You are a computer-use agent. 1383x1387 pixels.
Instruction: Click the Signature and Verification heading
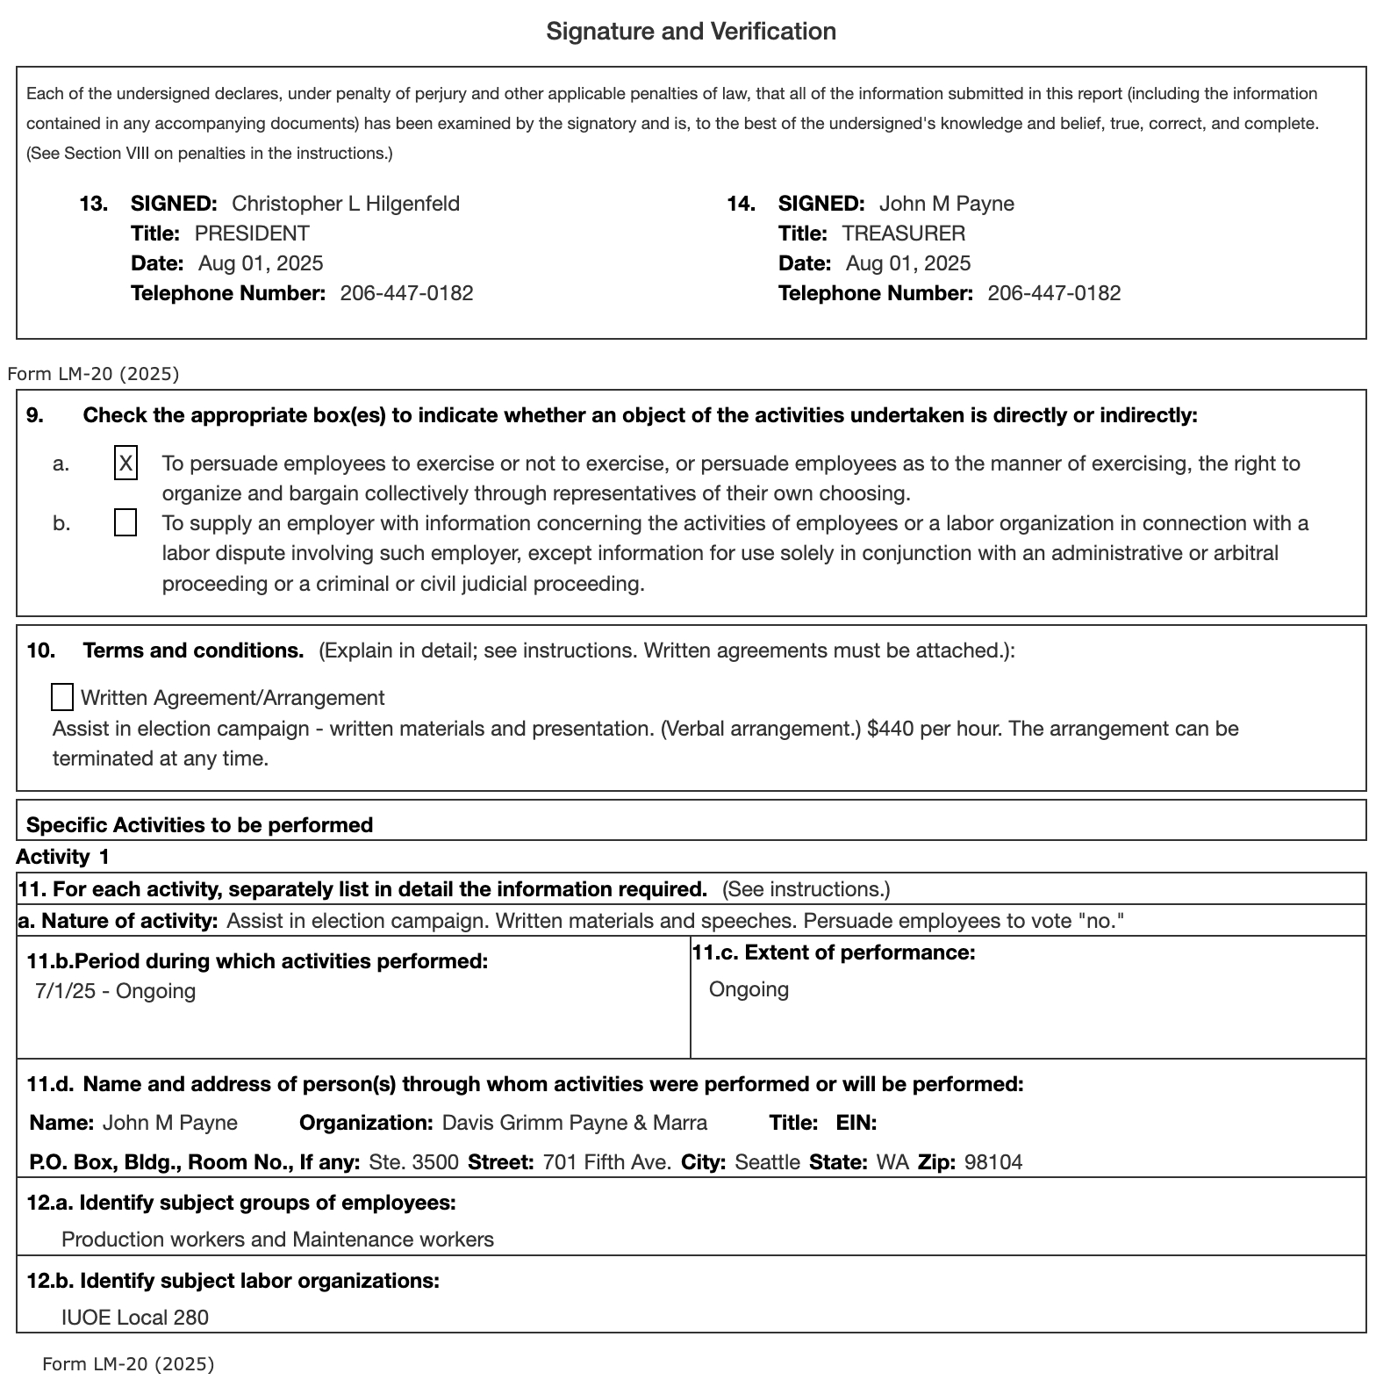pyautogui.click(x=691, y=32)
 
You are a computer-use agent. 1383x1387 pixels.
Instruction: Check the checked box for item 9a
pyautogui.click(x=125, y=463)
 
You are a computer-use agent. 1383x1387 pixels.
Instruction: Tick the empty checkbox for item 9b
pyautogui.click(x=125, y=523)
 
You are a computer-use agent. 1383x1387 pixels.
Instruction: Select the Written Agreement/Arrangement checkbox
pyautogui.click(x=62, y=697)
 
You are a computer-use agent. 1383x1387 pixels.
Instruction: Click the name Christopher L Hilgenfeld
pyautogui.click(x=345, y=204)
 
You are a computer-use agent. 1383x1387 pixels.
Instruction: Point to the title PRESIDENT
pyautogui.click(x=252, y=234)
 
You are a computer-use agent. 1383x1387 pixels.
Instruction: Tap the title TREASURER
pyautogui.click(x=903, y=234)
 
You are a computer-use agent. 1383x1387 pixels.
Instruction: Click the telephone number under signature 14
pyautogui.click(x=1053, y=293)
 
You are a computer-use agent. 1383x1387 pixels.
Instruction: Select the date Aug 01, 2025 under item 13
pyautogui.click(x=261, y=263)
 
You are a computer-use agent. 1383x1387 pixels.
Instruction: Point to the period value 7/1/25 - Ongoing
pyautogui.click(x=115, y=991)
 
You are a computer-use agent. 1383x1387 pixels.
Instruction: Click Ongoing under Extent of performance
pyautogui.click(x=749, y=989)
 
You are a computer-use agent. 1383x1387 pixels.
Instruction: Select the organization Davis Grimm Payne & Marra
pyautogui.click(x=574, y=1123)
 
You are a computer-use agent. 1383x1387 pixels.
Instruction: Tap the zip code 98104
pyautogui.click(x=992, y=1162)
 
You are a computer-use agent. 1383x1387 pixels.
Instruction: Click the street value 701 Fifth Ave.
pyautogui.click(x=606, y=1162)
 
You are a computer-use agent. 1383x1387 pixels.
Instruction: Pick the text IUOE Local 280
pyautogui.click(x=135, y=1317)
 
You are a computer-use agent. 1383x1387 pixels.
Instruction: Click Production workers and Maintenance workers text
pyautogui.click(x=277, y=1240)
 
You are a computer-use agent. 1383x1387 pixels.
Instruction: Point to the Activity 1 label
pyautogui.click(x=62, y=857)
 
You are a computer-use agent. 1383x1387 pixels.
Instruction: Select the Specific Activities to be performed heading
pyautogui.click(x=199, y=825)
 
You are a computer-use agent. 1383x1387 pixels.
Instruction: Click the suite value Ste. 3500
pyautogui.click(x=413, y=1162)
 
